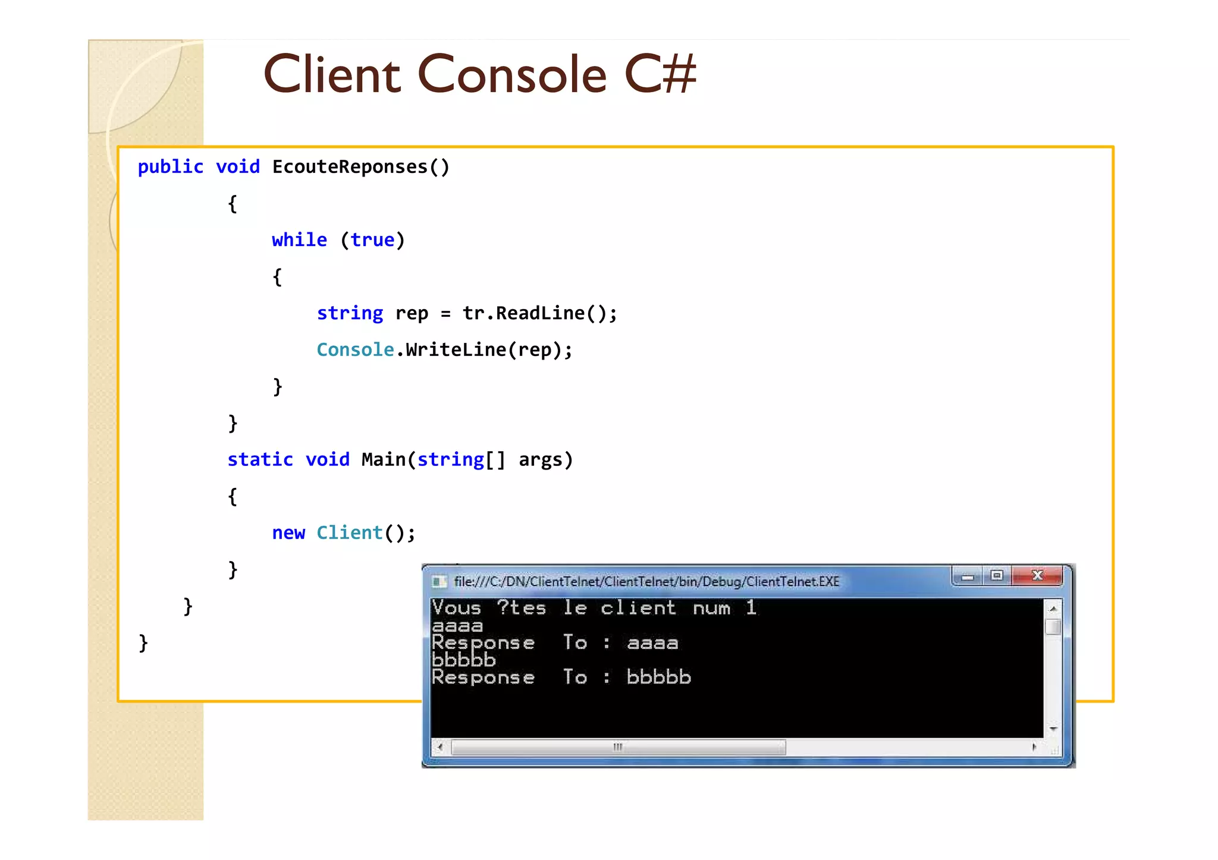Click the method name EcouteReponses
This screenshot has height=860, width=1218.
pos(350,167)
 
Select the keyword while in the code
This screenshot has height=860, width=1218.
pos(299,240)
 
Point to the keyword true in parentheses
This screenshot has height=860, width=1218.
pos(372,240)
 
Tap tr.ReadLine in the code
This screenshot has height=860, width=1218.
pos(524,313)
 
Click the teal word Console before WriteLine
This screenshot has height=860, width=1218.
pos(355,350)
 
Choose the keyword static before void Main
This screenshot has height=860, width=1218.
pos(260,459)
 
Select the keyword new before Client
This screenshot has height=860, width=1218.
pos(288,533)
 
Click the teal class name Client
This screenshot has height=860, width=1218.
pos(349,533)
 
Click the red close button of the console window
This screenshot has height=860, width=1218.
pos(1037,575)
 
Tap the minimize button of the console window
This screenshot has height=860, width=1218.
pos(968,576)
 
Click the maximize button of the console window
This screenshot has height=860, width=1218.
pos(997,575)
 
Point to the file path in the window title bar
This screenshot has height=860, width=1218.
pos(646,581)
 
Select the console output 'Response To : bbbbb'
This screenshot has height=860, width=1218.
pos(561,678)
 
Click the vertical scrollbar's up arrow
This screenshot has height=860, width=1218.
pos(1053,609)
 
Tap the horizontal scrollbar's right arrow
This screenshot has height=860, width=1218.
pos(1034,747)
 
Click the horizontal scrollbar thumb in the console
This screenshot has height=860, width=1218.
pos(619,747)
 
